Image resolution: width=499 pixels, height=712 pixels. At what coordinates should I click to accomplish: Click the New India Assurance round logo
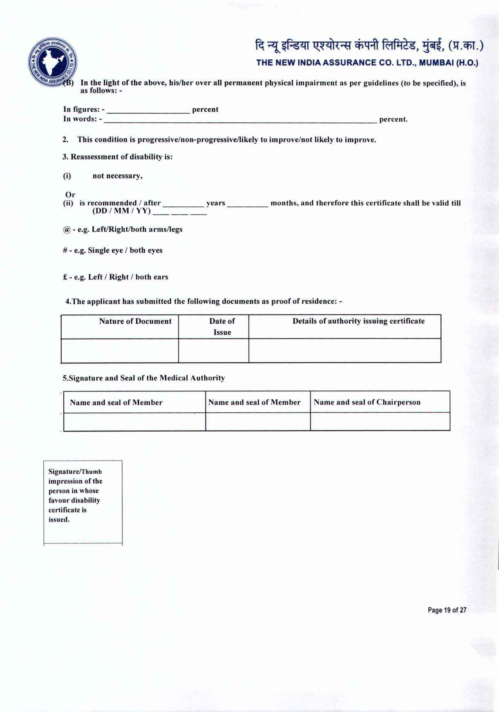(x=52, y=62)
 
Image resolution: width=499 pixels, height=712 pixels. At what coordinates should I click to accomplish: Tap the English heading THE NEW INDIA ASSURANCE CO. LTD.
(x=367, y=63)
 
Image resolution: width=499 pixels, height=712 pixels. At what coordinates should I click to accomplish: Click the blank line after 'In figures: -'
(x=148, y=110)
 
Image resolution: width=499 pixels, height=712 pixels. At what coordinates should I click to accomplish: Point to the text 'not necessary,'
(x=117, y=176)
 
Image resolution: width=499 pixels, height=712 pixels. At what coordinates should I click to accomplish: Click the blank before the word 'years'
(x=183, y=203)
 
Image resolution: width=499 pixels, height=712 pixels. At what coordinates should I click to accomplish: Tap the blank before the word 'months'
(x=248, y=203)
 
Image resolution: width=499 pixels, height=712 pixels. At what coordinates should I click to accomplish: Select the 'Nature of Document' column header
(x=135, y=321)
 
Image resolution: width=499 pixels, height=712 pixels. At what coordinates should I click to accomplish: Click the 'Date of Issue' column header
(x=222, y=326)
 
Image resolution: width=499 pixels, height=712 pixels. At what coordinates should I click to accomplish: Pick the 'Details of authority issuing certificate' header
(x=358, y=321)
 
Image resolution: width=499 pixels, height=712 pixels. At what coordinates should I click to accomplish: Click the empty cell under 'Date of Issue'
(x=213, y=350)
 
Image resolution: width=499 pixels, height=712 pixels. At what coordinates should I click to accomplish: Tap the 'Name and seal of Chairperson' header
(x=367, y=402)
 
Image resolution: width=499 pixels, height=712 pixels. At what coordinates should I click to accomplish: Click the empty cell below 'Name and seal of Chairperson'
(x=380, y=422)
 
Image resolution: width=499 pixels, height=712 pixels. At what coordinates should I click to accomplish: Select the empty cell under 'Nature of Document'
(x=120, y=350)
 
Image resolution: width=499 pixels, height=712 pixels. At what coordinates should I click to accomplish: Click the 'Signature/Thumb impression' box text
(x=75, y=495)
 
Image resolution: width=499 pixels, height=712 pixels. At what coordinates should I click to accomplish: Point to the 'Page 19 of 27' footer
(x=447, y=610)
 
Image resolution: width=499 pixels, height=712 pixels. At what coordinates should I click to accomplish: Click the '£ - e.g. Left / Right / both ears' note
(x=116, y=277)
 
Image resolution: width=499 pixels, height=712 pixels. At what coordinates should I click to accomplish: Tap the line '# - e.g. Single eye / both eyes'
(x=113, y=250)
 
